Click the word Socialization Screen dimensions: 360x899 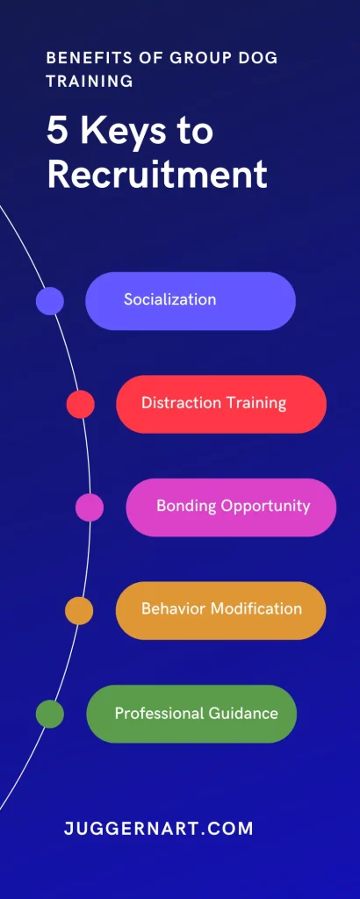pos(169,299)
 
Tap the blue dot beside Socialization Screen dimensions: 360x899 pos(50,301)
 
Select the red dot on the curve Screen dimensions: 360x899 pos(80,404)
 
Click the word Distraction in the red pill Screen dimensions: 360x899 pos(173,402)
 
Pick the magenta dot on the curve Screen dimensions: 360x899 pos(90,507)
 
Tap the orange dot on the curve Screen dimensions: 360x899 pos(79,611)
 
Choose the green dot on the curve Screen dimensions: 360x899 pos(50,714)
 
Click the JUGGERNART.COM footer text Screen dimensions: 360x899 pos(159,829)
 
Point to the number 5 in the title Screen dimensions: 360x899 pos(57,132)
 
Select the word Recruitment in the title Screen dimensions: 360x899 pos(157,175)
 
